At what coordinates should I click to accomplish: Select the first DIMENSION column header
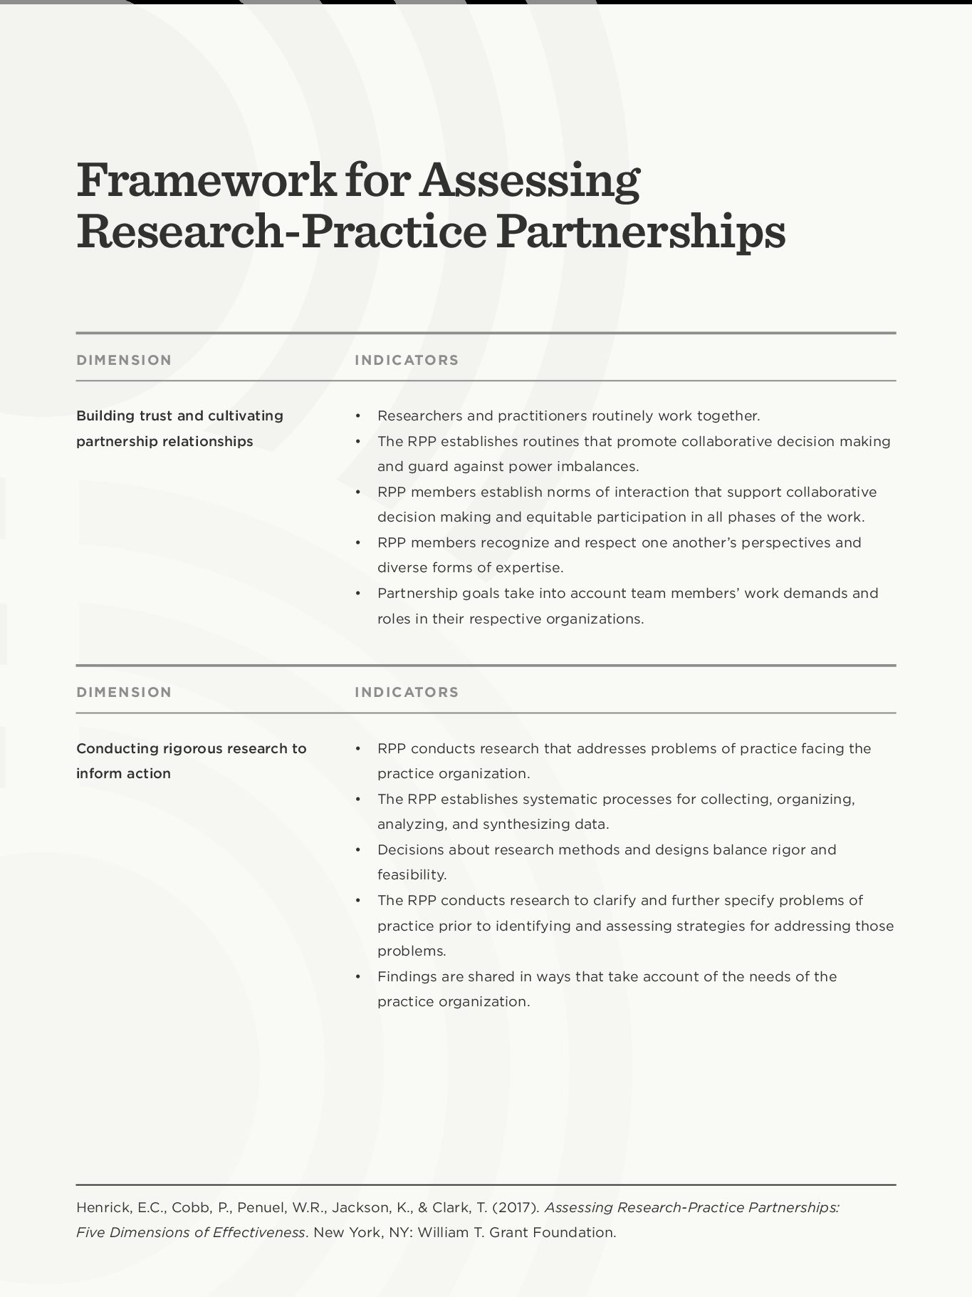[x=124, y=360]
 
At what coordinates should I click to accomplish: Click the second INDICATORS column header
[x=407, y=692]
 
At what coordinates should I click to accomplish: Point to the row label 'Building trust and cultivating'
[x=179, y=415]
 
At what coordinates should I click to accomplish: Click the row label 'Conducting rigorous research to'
[x=191, y=748]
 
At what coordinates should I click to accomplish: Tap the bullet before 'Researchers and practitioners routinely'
[x=358, y=416]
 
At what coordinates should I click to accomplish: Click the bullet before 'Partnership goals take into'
[x=358, y=594]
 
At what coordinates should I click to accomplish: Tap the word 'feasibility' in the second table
[x=412, y=875]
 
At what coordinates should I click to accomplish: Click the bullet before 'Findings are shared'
[x=358, y=977]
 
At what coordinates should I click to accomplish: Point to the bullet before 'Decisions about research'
[x=358, y=850]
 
